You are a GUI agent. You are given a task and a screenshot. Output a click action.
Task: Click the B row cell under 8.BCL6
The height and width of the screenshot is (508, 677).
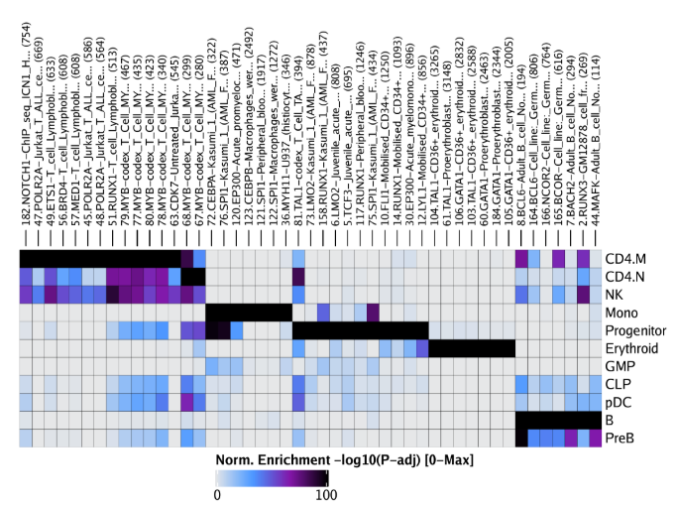coord(521,420)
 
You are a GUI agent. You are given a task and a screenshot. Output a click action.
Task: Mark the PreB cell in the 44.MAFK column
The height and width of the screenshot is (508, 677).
coord(595,438)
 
